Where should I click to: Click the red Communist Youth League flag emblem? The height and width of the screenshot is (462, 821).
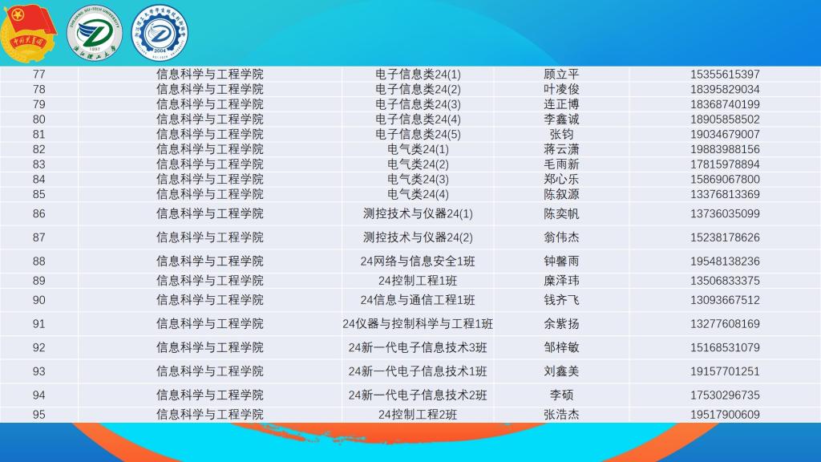pos(29,32)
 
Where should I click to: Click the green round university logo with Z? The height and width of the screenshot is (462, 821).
pos(95,33)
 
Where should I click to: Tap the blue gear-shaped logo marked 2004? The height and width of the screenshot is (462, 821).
pos(160,33)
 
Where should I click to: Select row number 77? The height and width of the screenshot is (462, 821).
pos(39,75)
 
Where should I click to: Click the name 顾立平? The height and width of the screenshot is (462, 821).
pos(561,75)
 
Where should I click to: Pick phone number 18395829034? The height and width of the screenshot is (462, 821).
pos(725,90)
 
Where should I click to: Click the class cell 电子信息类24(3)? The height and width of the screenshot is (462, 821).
pos(418,104)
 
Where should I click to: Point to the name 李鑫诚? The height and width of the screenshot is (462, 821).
pos(561,120)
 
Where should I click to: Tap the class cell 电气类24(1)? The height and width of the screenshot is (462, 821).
pos(418,149)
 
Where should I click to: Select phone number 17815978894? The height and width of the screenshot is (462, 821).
pos(725,164)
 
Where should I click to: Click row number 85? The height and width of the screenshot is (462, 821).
pos(39,194)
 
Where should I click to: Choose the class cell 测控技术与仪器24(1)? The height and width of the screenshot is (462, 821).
pos(418,213)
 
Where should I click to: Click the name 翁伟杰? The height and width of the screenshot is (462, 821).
pos(561,237)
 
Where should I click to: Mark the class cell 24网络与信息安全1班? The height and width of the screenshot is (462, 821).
pos(418,261)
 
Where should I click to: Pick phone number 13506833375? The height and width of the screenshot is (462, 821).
pos(725,281)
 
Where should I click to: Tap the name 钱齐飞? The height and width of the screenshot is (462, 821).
pos(561,300)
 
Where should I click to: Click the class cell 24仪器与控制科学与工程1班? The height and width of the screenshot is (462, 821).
pos(418,324)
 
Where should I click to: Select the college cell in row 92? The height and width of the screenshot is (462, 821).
pos(209,347)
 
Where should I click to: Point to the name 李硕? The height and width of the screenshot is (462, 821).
pos(561,395)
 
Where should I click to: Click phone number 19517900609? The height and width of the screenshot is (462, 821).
pos(725,415)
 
